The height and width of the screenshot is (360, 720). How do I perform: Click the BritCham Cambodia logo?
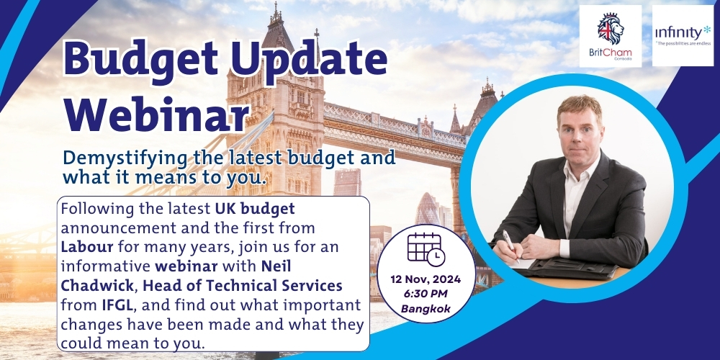[x=611, y=36]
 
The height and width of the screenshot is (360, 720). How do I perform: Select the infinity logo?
[x=683, y=35]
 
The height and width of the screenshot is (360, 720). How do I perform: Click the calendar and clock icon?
[x=426, y=249]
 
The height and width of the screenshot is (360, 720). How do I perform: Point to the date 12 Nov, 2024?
[x=426, y=279]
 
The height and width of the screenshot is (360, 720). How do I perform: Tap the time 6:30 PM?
[x=426, y=294]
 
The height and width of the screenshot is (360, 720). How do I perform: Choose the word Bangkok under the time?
[x=426, y=309]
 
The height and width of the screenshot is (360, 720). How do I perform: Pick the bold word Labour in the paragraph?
[x=87, y=246]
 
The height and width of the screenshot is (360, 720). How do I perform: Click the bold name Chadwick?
[x=97, y=286]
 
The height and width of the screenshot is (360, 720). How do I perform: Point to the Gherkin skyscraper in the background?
[x=427, y=209]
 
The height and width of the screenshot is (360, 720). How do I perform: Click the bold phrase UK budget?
[x=255, y=209]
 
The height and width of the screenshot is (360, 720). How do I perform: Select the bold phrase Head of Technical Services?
[x=243, y=286]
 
